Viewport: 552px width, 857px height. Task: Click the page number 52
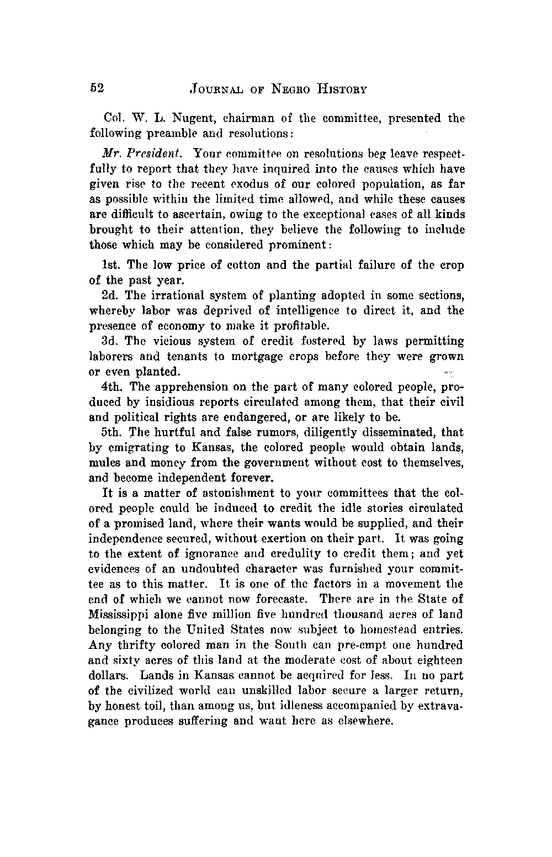pyautogui.click(x=97, y=88)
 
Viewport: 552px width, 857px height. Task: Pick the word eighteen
pyautogui.click(x=438, y=660)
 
